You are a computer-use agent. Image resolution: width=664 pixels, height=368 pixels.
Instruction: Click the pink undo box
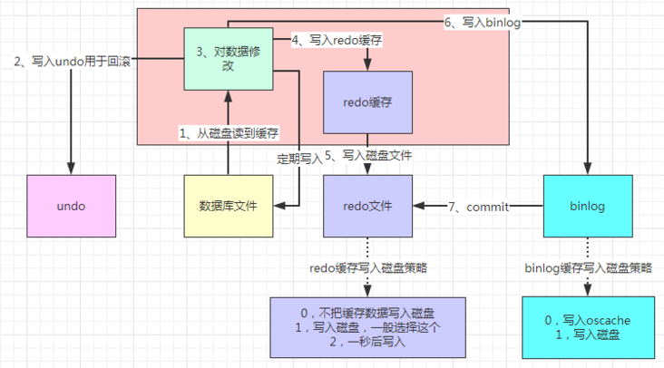(x=71, y=207)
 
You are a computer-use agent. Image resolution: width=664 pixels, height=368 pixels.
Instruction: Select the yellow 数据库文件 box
(x=228, y=207)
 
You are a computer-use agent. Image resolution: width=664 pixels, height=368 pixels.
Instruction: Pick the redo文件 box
(x=367, y=207)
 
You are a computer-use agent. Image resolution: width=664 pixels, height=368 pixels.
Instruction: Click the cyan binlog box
(x=588, y=207)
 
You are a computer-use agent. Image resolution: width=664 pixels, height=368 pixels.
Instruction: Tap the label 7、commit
(x=478, y=208)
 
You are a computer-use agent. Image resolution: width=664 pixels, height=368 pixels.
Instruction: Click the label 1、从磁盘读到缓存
(x=229, y=133)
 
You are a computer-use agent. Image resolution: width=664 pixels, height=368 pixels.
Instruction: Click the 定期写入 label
(x=299, y=158)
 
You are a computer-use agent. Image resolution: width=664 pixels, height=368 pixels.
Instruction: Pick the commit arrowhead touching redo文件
(x=416, y=207)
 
